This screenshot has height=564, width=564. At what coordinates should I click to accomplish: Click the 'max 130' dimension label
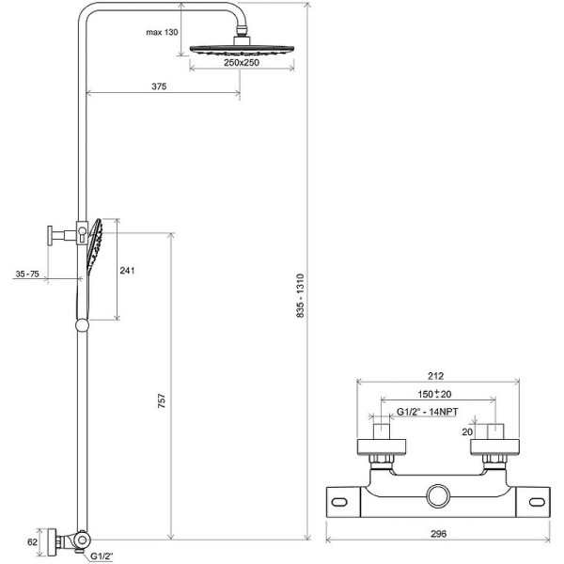[162, 32]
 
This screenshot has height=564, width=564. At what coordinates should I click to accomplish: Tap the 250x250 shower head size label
[242, 63]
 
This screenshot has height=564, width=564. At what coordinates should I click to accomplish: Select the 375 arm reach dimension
[159, 86]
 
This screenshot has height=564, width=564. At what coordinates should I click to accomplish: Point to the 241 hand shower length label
[127, 270]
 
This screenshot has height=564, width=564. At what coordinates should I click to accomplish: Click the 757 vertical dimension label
[162, 400]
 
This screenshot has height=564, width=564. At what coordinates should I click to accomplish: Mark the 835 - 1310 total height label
[301, 296]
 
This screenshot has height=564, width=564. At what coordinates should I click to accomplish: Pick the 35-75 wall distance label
[27, 274]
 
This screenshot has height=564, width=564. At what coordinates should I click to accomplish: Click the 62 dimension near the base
[32, 541]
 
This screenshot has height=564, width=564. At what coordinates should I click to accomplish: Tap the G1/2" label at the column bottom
[102, 556]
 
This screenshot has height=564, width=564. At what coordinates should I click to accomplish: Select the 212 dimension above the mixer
[435, 376]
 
